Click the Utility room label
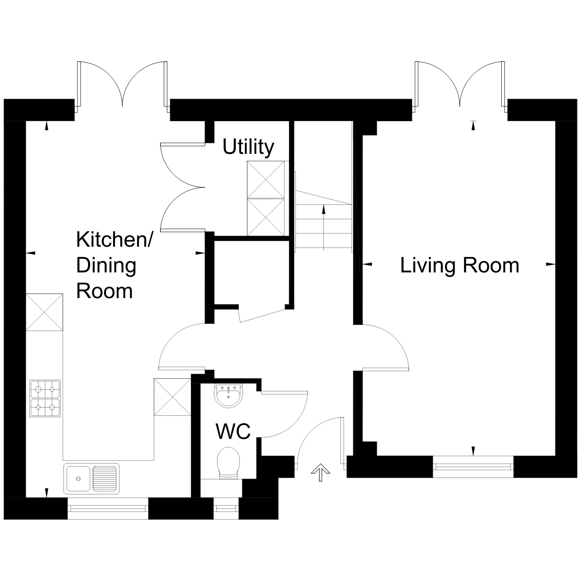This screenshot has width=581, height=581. click(248, 147)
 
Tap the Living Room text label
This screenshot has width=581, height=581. click(459, 265)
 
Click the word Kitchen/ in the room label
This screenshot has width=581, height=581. click(114, 240)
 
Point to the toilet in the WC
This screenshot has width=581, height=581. click(228, 463)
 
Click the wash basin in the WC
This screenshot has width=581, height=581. click(228, 396)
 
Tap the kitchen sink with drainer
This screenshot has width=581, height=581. click(92, 479)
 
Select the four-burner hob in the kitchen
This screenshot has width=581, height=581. click(45, 398)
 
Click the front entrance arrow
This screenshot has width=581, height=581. click(320, 472)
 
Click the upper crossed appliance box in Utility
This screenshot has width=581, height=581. click(265, 180)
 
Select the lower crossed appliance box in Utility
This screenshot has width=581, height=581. click(265, 217)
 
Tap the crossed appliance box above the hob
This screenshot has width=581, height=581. click(44, 312)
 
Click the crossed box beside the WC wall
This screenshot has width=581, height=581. click(173, 397)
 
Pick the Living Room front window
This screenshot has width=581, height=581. click(473, 467)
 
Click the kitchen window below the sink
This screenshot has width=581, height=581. click(108, 508)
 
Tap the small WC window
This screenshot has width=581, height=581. click(226, 508)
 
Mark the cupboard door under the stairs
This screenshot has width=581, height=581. click(262, 316)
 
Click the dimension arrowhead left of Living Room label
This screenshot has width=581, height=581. click(367, 265)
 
